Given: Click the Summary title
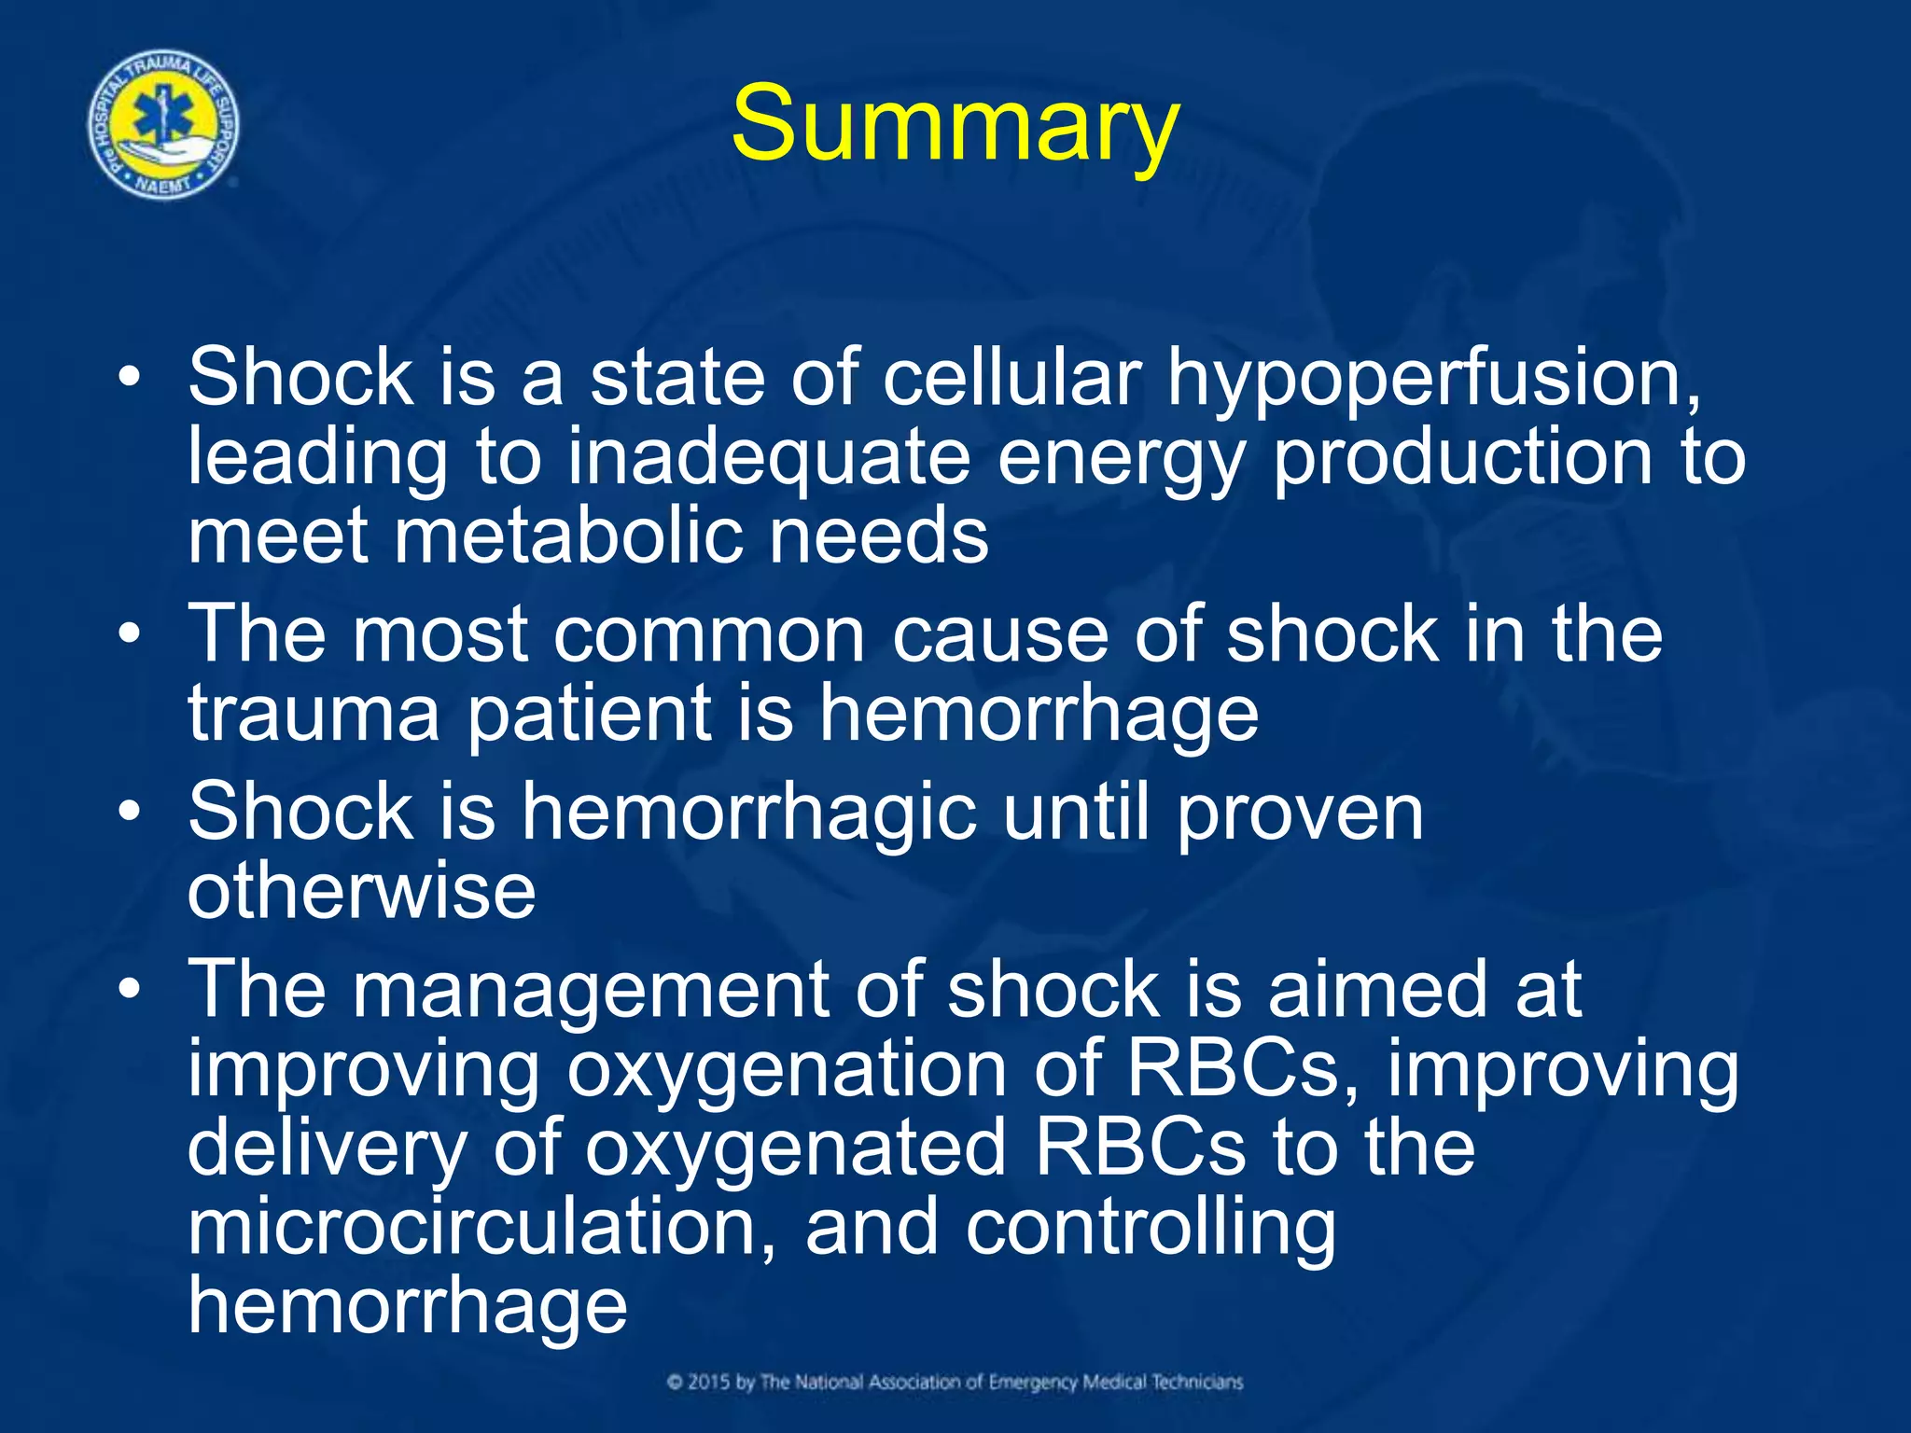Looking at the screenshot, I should tap(955, 125).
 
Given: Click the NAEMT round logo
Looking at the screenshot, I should tap(163, 125).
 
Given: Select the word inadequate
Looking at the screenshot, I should tap(769, 458).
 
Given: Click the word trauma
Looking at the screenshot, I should tap(314, 714).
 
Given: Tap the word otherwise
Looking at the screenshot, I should tap(361, 891).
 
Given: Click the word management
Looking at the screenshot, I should tap(590, 991).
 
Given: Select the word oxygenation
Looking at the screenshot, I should tap(786, 1070).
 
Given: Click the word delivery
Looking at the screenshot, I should tap(327, 1149).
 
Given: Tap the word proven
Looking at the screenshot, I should tap(1299, 812).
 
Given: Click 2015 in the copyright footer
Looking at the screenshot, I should tap(709, 1382).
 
